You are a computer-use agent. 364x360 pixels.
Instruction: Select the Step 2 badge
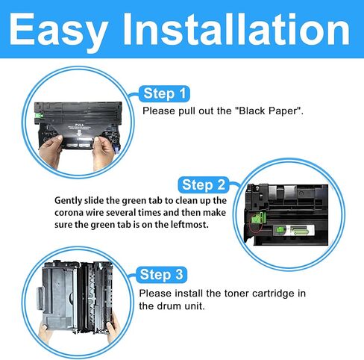pyautogui.click(x=208, y=184)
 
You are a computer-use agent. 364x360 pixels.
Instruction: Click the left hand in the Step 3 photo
pyautogui.click(x=35, y=325)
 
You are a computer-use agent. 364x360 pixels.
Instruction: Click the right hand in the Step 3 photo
pyautogui.click(x=111, y=325)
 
